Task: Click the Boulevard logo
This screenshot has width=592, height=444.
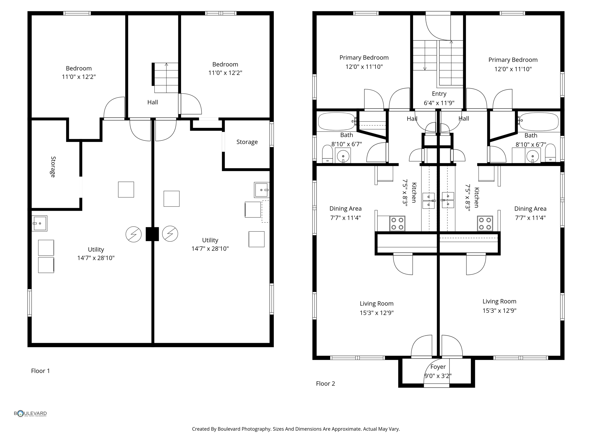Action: [x=30, y=414]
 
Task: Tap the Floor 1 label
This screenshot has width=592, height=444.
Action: [x=40, y=371]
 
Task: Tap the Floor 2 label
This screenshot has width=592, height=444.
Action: [x=325, y=384]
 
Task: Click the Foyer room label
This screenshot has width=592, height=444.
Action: [x=438, y=367]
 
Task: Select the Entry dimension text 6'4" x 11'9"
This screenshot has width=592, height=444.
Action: [x=439, y=103]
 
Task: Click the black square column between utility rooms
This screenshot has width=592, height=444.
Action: [x=152, y=234]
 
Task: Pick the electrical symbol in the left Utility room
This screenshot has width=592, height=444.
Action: [x=134, y=234]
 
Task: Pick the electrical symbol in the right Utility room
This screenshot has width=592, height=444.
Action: [x=170, y=234]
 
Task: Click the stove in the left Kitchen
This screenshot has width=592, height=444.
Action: [x=397, y=223]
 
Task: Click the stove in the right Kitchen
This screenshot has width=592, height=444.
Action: [x=485, y=223]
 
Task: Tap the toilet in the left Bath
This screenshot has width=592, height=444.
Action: [x=328, y=154]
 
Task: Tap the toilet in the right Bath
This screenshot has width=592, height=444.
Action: [x=550, y=153]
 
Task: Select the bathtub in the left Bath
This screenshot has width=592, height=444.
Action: [x=336, y=121]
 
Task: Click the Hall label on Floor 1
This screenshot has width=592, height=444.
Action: [x=152, y=102]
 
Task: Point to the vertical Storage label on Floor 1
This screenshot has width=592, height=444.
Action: [x=53, y=167]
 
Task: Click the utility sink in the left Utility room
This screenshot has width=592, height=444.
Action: [x=39, y=223]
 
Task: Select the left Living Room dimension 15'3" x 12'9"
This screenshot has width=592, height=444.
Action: [x=376, y=313]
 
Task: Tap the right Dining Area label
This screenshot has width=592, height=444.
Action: [x=530, y=209]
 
